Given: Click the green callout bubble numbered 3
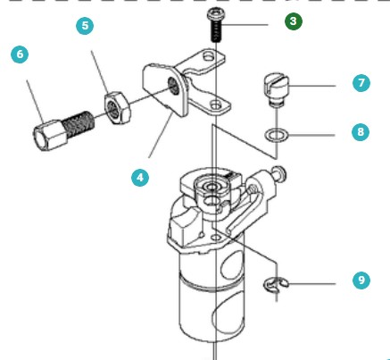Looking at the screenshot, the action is pyautogui.click(x=294, y=21).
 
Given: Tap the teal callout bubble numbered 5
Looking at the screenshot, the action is pyautogui.click(x=85, y=26).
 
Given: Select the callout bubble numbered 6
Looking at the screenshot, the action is pyautogui.click(x=20, y=54).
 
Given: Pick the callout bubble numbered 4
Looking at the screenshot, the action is pyautogui.click(x=140, y=178).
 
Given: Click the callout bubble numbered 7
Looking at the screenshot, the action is pyautogui.click(x=361, y=83).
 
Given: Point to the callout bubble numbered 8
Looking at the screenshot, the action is pyautogui.click(x=361, y=132).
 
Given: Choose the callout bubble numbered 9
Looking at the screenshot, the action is pyautogui.click(x=361, y=280).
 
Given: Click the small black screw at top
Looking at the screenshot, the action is pyautogui.click(x=217, y=26).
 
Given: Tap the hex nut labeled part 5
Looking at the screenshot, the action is pyautogui.click(x=118, y=107).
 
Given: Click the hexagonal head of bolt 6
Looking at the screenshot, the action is pyautogui.click(x=49, y=135).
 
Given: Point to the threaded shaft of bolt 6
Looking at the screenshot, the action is pyautogui.click(x=79, y=124).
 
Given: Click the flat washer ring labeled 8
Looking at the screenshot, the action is pyautogui.click(x=277, y=135).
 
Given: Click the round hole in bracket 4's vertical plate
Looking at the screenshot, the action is pyautogui.click(x=174, y=86).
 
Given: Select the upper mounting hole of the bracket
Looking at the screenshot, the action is pyautogui.click(x=209, y=55).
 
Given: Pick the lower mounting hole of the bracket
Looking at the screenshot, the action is pyautogui.click(x=216, y=105).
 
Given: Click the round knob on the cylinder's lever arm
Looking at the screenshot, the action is pyautogui.click(x=280, y=172).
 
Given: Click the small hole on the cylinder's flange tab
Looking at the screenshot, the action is pyautogui.click(x=216, y=238).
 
